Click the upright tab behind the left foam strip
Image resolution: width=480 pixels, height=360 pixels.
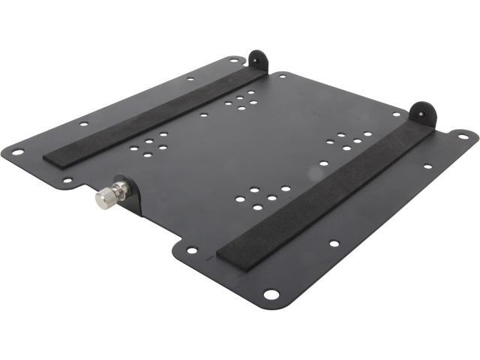tap(257, 60)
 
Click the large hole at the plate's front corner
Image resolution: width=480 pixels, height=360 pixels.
tap(271, 294)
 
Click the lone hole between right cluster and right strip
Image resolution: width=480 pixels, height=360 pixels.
tap(323, 163)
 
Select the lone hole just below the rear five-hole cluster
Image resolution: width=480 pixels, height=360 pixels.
tap(203, 115)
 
